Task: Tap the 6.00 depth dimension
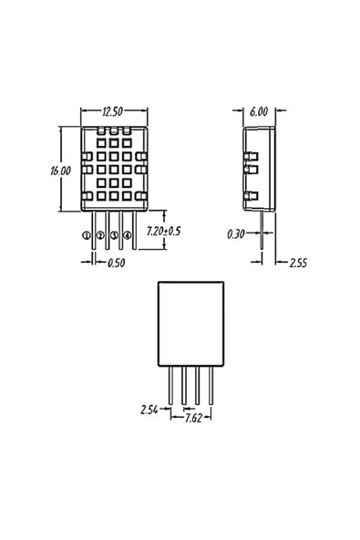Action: (258, 111)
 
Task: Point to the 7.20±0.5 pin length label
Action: (162, 232)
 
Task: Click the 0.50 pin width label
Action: (116, 264)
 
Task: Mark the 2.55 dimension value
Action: (298, 263)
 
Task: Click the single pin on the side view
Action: (262, 228)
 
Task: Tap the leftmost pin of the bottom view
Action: (170, 383)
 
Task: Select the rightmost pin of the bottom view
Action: (211, 383)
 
